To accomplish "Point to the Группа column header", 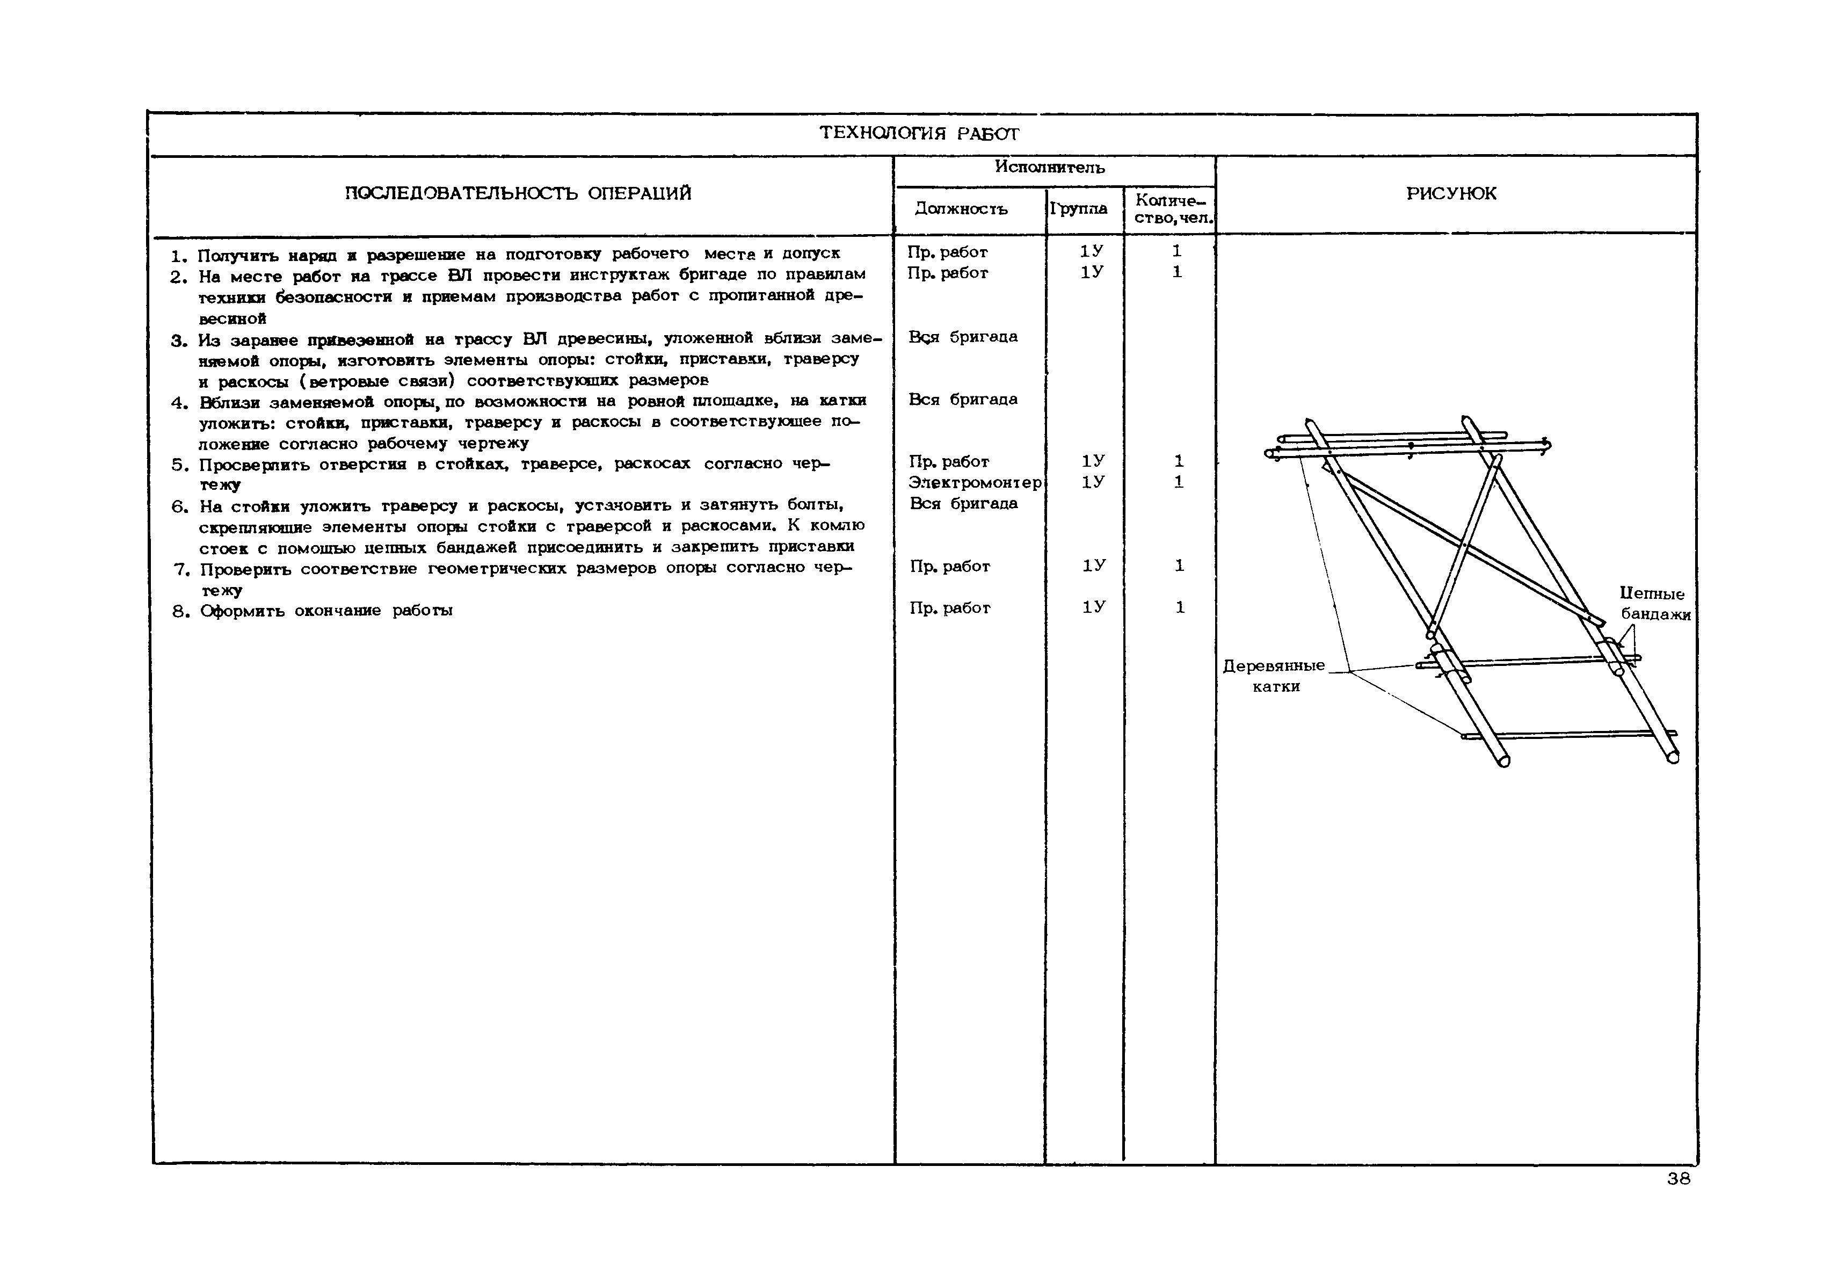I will tap(1079, 208).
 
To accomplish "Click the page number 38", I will tap(1679, 1179).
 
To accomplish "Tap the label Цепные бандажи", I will tap(1654, 604).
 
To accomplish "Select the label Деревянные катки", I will tap(1274, 675).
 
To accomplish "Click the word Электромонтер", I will tap(975, 482).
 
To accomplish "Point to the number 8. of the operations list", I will tap(180, 612).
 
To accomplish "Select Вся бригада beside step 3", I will tap(963, 337).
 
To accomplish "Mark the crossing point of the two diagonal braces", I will tap(1463, 546).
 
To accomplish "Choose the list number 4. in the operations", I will tap(179, 402).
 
